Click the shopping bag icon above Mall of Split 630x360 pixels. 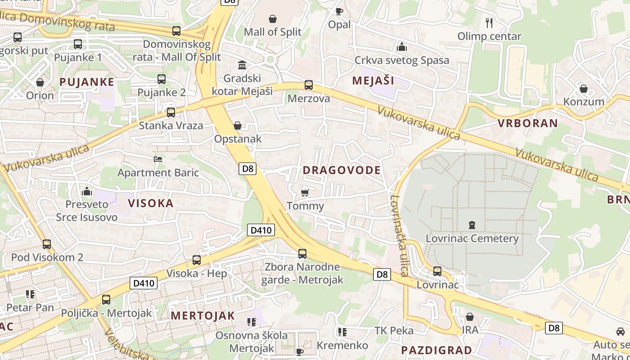(x=273, y=19)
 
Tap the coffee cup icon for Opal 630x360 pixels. (x=339, y=11)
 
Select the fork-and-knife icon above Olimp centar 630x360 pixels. (x=489, y=22)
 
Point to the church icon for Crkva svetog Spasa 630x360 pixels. (x=401, y=47)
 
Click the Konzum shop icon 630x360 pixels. (x=584, y=89)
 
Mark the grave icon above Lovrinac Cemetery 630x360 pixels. (x=472, y=225)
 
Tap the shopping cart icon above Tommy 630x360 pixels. (x=305, y=193)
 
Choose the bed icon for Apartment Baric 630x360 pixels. (x=158, y=159)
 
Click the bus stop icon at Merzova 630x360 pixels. (x=309, y=85)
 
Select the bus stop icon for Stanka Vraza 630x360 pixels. (x=171, y=112)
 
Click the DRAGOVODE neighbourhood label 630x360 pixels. (x=342, y=170)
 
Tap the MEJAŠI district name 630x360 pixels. (x=373, y=81)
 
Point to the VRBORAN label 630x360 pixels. (x=527, y=123)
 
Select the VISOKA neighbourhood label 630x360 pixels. (x=151, y=203)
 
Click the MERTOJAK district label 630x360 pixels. (x=202, y=315)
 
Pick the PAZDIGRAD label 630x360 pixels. (x=436, y=350)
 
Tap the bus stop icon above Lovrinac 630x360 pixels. (x=437, y=271)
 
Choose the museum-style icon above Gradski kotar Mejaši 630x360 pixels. (x=242, y=65)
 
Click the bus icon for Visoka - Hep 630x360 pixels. (x=197, y=260)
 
